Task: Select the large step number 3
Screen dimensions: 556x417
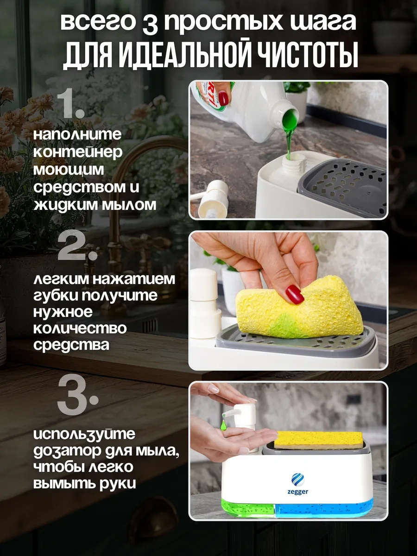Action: pos(76,397)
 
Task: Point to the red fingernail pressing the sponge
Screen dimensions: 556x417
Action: pos(294,294)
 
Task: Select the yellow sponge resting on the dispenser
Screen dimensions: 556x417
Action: pos(319,439)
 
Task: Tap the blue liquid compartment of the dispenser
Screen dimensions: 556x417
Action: pos(324,508)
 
